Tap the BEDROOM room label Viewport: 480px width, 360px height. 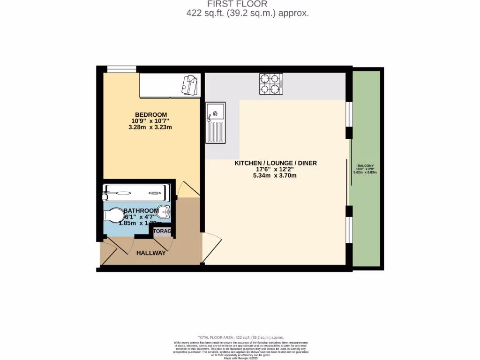(x=151, y=115)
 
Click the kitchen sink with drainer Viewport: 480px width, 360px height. (x=216, y=123)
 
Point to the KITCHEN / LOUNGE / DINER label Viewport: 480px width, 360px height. (x=276, y=163)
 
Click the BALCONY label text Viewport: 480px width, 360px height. (x=366, y=166)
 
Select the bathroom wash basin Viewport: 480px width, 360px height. (x=164, y=212)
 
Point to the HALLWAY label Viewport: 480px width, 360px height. (x=151, y=253)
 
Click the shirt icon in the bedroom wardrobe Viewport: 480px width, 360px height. (x=191, y=85)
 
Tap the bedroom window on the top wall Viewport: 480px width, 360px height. (x=121, y=69)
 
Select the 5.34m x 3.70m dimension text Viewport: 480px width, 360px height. (x=276, y=176)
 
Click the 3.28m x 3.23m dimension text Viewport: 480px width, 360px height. (x=151, y=127)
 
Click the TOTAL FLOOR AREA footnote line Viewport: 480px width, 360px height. (x=240, y=337)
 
